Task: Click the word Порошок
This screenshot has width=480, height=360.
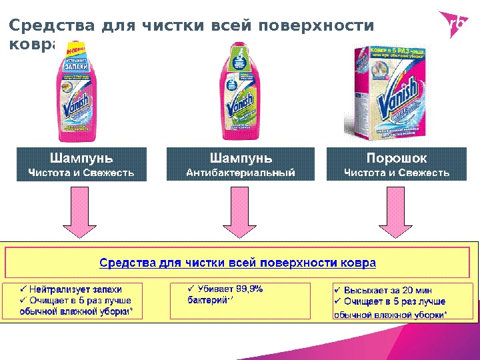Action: pyautogui.click(x=397, y=158)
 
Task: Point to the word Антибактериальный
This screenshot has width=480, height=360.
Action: pyautogui.click(x=240, y=173)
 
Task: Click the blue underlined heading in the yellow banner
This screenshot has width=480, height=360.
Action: pyautogui.click(x=238, y=263)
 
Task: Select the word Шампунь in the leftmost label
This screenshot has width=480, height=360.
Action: pyautogui.click(x=81, y=158)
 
